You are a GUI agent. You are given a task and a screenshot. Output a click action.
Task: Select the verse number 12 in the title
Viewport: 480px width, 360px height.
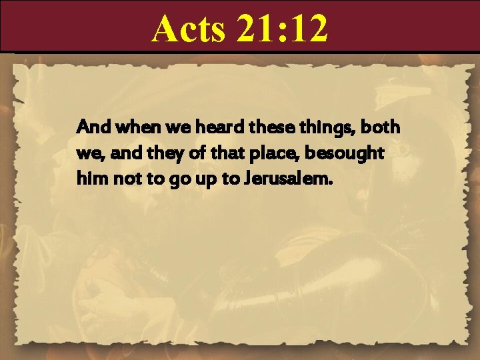click(308, 29)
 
